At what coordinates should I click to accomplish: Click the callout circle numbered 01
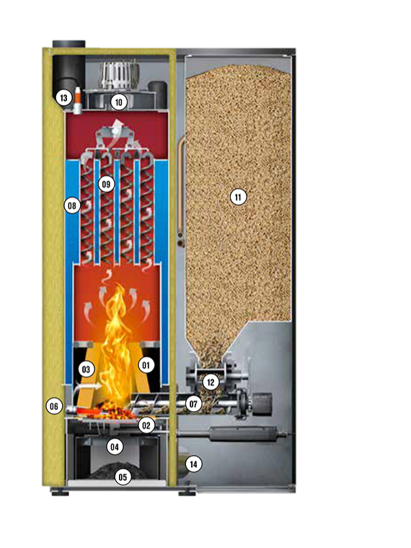(146, 366)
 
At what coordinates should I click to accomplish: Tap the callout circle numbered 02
(146, 425)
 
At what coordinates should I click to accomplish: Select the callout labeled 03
(86, 369)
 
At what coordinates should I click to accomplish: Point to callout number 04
(115, 446)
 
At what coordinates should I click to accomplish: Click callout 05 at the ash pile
(123, 477)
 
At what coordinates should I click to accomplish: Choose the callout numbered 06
(54, 406)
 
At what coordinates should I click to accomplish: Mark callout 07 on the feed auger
(194, 405)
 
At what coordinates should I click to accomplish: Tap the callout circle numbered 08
(72, 205)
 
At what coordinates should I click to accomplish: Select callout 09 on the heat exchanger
(106, 184)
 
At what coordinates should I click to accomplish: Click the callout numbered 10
(118, 102)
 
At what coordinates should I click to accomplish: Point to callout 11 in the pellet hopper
(239, 198)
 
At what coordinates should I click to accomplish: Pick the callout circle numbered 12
(211, 382)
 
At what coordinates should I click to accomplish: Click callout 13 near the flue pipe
(63, 97)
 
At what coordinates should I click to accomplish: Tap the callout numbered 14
(193, 464)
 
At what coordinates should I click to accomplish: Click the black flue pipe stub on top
(68, 45)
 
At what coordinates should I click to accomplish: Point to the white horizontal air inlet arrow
(87, 386)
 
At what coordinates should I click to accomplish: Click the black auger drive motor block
(262, 405)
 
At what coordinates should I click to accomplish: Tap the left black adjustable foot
(60, 492)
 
